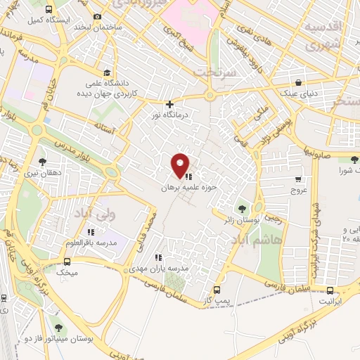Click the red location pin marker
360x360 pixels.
tap(180, 165)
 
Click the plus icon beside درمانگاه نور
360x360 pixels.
tap(169, 105)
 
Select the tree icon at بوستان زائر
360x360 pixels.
tap(243, 209)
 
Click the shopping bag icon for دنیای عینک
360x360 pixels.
tap(299, 82)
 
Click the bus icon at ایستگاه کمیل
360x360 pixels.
tap(49, 10)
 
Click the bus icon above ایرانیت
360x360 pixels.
tap(330, 290)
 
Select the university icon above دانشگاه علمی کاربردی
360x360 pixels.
tap(106, 72)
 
